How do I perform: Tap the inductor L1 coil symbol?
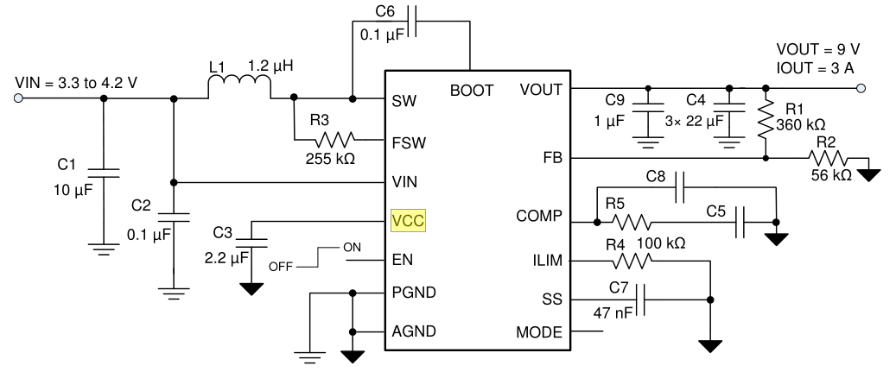point(239,88)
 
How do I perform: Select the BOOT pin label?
point(472,89)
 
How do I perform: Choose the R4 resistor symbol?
point(637,259)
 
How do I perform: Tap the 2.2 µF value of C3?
point(223,257)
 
